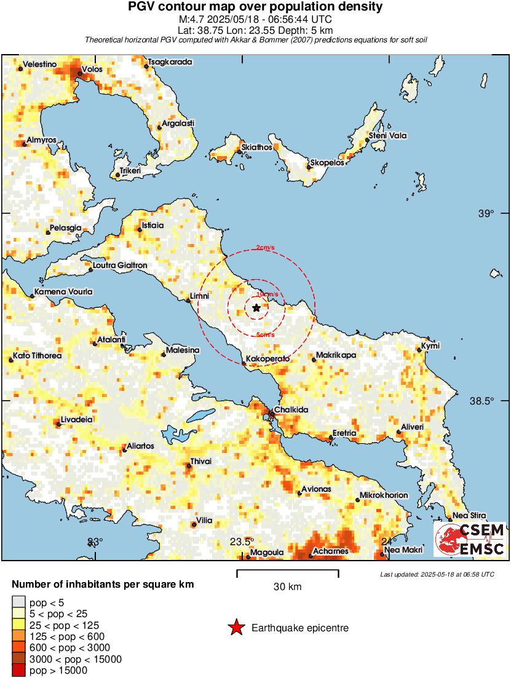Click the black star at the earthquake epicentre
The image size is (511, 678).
point(256,307)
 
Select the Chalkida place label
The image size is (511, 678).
point(291,409)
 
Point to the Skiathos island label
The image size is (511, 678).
point(257,147)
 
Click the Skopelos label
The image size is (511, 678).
point(327,162)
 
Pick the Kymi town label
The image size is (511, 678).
point(430,346)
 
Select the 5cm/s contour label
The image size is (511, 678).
point(265,335)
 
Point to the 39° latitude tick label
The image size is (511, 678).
point(486,213)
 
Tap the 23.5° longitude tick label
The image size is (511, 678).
point(242,542)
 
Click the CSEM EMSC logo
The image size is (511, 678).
point(470,539)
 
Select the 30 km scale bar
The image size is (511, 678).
point(287,574)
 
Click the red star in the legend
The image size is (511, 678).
point(236,628)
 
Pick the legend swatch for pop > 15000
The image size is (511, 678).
point(18,671)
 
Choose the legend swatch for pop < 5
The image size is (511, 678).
point(18,602)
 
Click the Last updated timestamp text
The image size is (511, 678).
point(437,574)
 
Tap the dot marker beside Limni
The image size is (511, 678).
point(189,300)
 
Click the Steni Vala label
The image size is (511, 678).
point(387,135)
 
